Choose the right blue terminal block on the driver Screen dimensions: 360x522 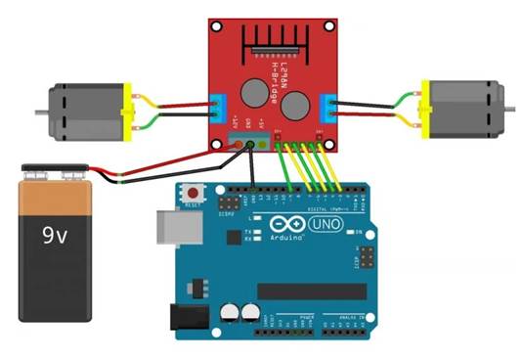(x=332, y=106)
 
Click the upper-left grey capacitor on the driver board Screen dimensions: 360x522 (x=252, y=89)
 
